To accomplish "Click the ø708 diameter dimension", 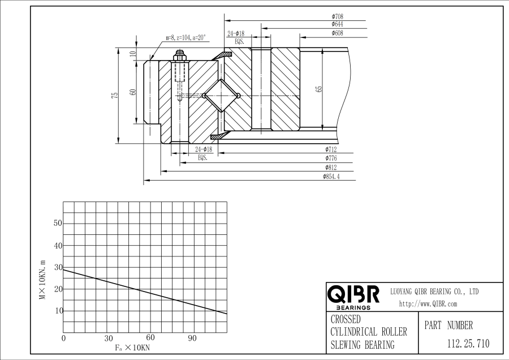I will pyautogui.click(x=337, y=16).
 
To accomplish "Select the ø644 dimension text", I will pyautogui.click(x=337, y=24).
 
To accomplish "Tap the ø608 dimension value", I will pyautogui.click(x=337, y=33).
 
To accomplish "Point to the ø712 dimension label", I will pyautogui.click(x=331, y=149).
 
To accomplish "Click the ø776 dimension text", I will pyautogui.click(x=331, y=158).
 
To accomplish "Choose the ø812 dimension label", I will pyautogui.click(x=331, y=168).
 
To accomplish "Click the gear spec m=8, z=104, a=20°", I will pyautogui.click(x=186, y=38).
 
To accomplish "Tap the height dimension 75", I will pyautogui.click(x=115, y=95).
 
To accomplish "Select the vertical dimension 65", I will pyautogui.click(x=319, y=89).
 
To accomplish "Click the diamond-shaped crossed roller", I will pyautogui.click(x=221, y=95).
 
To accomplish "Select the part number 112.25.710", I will pyautogui.click(x=468, y=343).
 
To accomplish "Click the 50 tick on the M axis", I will pyautogui.click(x=57, y=223).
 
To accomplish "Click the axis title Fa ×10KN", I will pyautogui.click(x=132, y=347).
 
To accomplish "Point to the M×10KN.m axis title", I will pyautogui.click(x=42, y=279).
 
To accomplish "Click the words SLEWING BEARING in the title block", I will pyautogui.click(x=362, y=345).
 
